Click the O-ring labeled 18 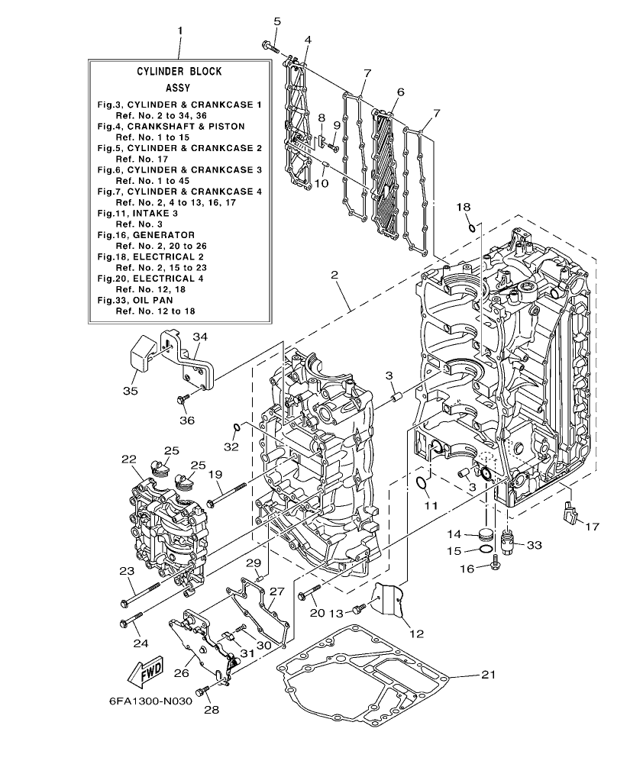[473, 225]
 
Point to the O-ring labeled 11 [422, 482]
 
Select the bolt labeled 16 [494, 566]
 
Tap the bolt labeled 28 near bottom [202, 690]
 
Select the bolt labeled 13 [359, 609]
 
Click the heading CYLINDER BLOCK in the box [179, 71]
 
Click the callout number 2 [334, 274]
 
